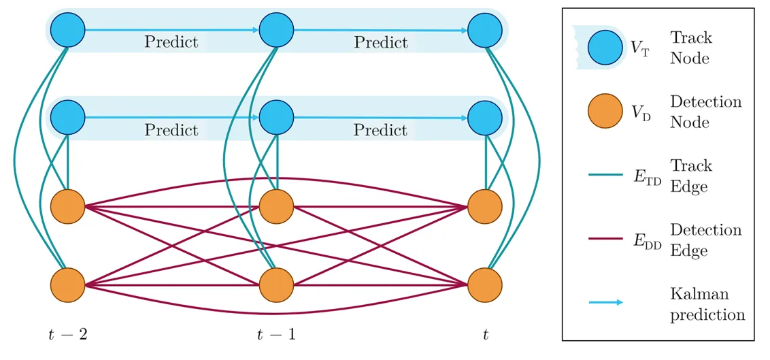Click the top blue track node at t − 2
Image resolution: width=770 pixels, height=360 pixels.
pyautogui.click(x=67, y=30)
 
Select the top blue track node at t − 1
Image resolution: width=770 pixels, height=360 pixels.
pyautogui.click(x=276, y=30)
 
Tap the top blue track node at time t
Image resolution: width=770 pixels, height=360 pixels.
pyautogui.click(x=486, y=30)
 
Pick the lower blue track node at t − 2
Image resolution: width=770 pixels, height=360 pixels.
pyautogui.click(x=67, y=117)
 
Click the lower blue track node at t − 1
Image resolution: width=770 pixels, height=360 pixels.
pyautogui.click(x=276, y=117)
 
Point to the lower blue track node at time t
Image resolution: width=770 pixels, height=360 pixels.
pyautogui.click(x=486, y=117)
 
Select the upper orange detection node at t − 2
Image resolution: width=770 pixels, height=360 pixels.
pyautogui.click(x=67, y=204)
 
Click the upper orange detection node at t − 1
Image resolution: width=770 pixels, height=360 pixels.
pyautogui.click(x=276, y=204)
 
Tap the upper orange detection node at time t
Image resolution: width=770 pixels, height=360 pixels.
pyautogui.click(x=486, y=204)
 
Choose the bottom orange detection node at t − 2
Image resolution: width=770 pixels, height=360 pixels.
pyautogui.click(x=67, y=284)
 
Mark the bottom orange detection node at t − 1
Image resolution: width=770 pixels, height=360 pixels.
pyautogui.click(x=276, y=284)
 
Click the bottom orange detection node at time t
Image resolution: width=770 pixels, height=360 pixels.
pyautogui.click(x=486, y=284)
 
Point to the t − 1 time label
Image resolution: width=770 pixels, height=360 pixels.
pyautogui.click(x=275, y=334)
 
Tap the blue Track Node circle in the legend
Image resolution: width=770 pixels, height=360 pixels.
pyautogui.click(x=605, y=48)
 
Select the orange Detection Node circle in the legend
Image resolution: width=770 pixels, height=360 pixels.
pyautogui.click(x=605, y=112)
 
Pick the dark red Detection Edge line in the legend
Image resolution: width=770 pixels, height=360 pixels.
pyautogui.click(x=605, y=240)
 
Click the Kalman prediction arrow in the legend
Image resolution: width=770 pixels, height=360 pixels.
pyautogui.click(x=605, y=303)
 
